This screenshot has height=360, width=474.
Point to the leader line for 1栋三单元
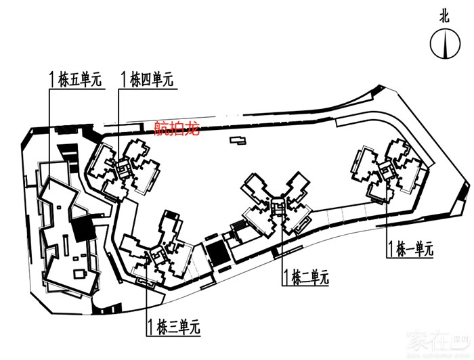click(146, 298)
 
